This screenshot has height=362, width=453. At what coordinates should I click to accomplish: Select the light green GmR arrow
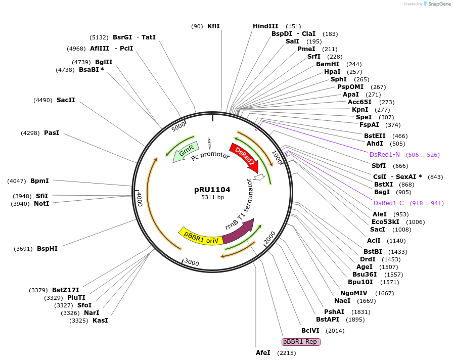(185, 152)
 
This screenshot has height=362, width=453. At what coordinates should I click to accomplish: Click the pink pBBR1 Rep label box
(301, 342)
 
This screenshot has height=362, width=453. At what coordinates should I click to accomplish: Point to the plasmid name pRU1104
(212, 190)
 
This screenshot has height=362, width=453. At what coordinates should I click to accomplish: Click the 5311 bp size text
(213, 197)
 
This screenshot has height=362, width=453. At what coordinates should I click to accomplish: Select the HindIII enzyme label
(265, 26)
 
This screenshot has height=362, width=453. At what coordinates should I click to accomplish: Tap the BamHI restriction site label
(328, 64)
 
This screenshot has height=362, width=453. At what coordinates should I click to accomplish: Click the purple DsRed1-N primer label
(385, 155)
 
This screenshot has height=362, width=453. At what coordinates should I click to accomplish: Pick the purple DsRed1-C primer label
(389, 203)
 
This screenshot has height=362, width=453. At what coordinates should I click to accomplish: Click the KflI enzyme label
(213, 26)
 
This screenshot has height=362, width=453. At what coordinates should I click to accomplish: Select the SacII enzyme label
(66, 100)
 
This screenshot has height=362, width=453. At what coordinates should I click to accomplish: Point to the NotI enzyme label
(41, 204)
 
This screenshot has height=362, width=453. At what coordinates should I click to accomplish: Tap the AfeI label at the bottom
(263, 353)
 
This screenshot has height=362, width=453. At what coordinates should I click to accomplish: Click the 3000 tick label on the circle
(192, 262)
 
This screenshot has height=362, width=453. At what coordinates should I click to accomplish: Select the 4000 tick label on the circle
(140, 199)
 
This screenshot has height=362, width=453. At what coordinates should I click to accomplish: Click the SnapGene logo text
(439, 4)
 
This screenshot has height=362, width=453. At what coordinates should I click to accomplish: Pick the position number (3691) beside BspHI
(23, 249)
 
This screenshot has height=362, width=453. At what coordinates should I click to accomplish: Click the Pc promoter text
(210, 156)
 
